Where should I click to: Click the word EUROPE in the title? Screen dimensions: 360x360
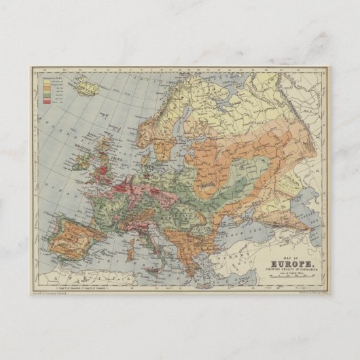(x=280, y=247)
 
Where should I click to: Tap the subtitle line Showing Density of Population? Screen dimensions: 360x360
(x=280, y=253)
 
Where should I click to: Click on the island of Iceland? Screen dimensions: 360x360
(x=87, y=86)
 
